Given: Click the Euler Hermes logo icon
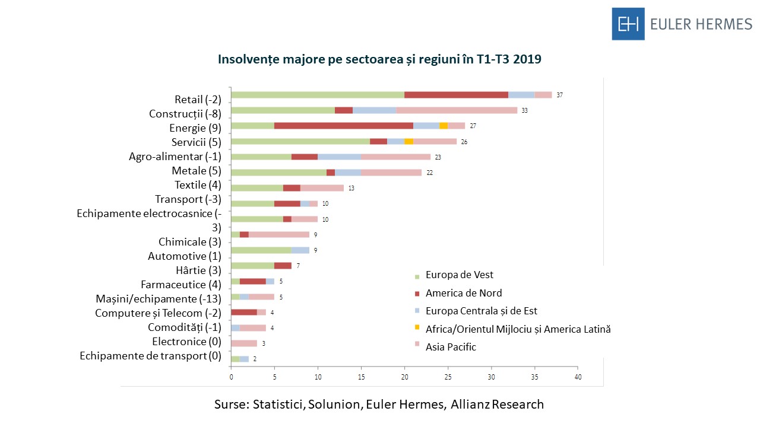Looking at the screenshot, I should click(x=628, y=24).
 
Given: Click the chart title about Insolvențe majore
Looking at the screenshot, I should click(x=380, y=59).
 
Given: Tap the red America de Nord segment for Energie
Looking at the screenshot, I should click(x=344, y=126).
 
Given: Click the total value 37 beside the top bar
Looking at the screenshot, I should click(x=560, y=95).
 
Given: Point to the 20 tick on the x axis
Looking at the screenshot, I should click(x=404, y=377).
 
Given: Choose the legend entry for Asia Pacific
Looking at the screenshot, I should click(x=451, y=347).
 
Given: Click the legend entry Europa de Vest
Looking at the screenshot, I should click(x=459, y=275).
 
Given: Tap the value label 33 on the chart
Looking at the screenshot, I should click(x=525, y=110).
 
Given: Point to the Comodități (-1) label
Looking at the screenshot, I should click(x=185, y=327).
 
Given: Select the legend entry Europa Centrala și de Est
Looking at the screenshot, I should click(x=481, y=311).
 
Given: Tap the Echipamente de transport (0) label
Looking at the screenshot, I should click(x=150, y=356).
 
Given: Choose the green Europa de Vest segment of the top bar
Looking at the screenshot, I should click(x=318, y=95).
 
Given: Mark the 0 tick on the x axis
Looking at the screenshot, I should click(x=231, y=377).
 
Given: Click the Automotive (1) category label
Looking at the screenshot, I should click(x=185, y=256).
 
